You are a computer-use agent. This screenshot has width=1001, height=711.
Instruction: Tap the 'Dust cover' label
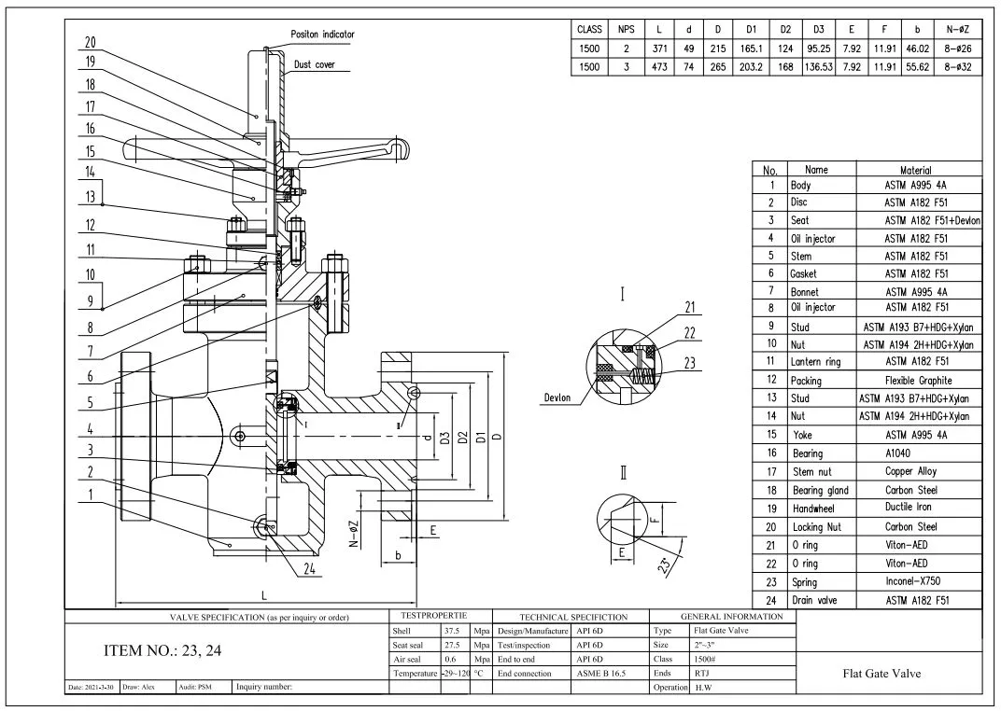point(315,65)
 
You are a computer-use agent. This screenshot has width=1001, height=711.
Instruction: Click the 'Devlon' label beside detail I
point(561,397)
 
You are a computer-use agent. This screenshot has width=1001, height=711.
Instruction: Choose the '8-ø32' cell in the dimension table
point(960,68)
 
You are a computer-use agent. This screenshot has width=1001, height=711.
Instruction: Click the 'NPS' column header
point(625,30)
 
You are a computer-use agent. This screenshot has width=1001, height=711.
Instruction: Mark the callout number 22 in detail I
point(691,334)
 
